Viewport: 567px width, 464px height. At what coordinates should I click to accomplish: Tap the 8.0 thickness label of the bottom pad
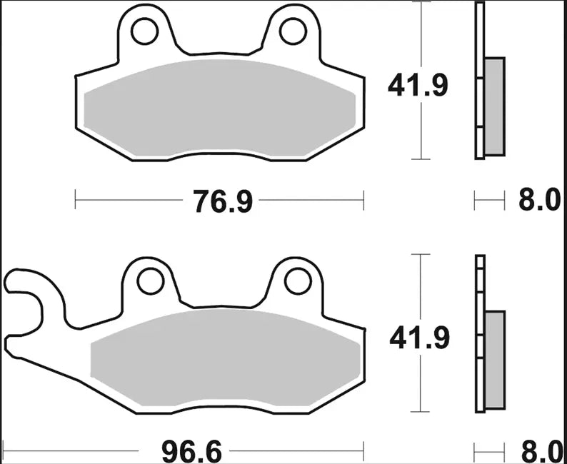coord(539,452)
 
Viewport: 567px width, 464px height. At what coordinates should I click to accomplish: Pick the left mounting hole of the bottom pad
coord(150,281)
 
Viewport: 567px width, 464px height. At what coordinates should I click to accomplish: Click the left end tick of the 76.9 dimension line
coord(76,201)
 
